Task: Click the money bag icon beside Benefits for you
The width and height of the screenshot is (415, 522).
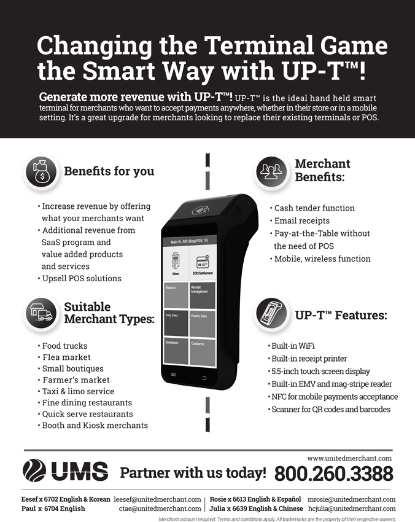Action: coord(41,172)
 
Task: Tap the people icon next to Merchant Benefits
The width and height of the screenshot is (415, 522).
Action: coord(271,172)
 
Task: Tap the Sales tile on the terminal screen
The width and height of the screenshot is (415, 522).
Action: coord(176,263)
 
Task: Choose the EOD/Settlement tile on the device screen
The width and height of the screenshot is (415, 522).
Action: coord(203,262)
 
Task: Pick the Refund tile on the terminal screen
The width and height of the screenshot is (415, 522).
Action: coord(176,295)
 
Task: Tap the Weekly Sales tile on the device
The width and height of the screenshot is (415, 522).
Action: coord(203,324)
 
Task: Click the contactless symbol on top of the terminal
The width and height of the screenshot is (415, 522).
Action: coord(200,210)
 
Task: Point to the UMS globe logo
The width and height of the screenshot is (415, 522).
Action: coord(34,470)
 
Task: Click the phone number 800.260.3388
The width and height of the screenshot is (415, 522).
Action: coord(333,473)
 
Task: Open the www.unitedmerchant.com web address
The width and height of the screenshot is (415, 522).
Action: coord(349,458)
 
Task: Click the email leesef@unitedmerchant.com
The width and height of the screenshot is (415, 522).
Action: coord(157,499)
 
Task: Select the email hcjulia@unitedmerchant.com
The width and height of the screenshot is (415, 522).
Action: coord(352,508)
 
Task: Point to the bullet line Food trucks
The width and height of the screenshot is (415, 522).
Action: coord(63,346)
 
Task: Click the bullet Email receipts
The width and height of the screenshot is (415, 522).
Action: coord(300,220)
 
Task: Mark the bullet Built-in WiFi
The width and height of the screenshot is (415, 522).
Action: coord(291,346)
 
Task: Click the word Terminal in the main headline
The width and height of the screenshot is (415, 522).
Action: coord(259,45)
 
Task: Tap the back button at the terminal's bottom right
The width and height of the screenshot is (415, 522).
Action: coord(204,378)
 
